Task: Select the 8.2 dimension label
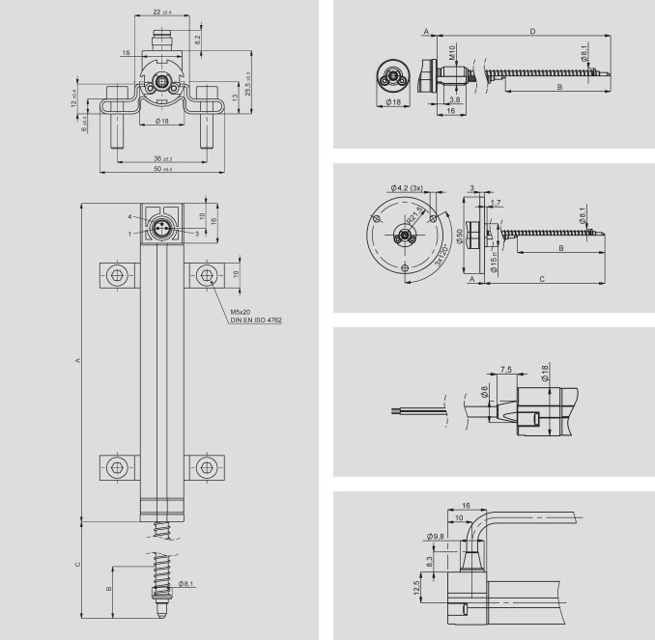pyautogui.click(x=198, y=42)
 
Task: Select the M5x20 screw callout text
pyautogui.click(x=241, y=312)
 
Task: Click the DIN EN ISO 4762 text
pyautogui.click(x=256, y=320)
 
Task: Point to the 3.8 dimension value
pyautogui.click(x=454, y=99)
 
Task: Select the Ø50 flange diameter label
pyautogui.click(x=460, y=237)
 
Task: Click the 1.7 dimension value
pyautogui.click(x=497, y=203)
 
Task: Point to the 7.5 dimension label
pyautogui.click(x=507, y=368)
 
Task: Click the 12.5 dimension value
pyautogui.click(x=417, y=588)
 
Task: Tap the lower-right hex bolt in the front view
pyautogui.click(x=204, y=469)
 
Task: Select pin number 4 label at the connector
pyautogui.click(x=132, y=216)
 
